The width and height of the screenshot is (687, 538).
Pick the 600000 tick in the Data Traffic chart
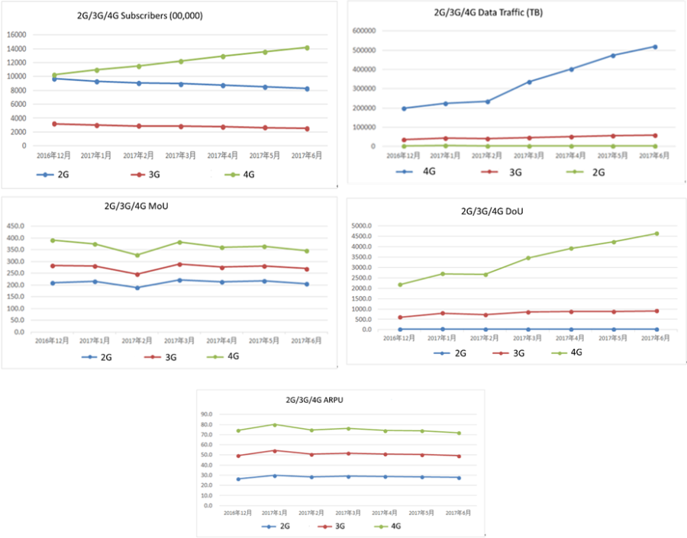pyautogui.click(x=365, y=31)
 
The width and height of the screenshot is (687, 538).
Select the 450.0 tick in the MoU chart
pyautogui.click(x=16, y=226)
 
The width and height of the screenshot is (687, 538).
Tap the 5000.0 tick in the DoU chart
pyautogui.click(x=362, y=227)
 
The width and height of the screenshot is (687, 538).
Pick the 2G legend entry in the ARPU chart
pyautogui.click(x=282, y=526)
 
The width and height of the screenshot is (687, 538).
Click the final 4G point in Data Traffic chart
pyautogui.click(x=655, y=47)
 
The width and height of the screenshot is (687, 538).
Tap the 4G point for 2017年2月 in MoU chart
pyautogui.click(x=137, y=255)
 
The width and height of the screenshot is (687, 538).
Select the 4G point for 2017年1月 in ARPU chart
pyautogui.click(x=275, y=424)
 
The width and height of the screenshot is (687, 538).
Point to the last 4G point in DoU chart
pyautogui.click(x=656, y=234)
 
